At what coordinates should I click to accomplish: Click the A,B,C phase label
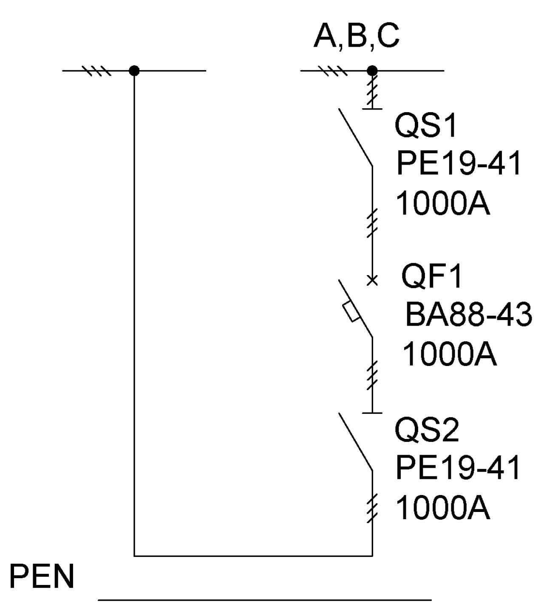(x=356, y=37)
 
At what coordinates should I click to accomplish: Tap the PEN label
(x=42, y=576)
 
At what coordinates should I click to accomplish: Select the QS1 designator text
(x=425, y=126)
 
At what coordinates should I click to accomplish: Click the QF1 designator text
(x=431, y=276)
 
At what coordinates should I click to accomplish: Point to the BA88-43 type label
(x=468, y=315)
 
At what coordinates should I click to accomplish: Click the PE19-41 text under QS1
(x=458, y=163)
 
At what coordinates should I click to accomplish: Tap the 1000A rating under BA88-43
(x=450, y=354)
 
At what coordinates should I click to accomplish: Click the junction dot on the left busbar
(x=134, y=71)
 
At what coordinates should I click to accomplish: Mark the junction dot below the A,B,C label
(x=372, y=71)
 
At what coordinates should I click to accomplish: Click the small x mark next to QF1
(x=372, y=281)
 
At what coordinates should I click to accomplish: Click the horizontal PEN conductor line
(x=264, y=599)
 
